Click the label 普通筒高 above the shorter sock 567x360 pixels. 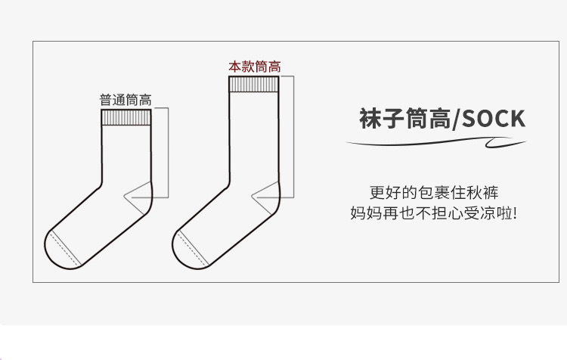(x=125, y=99)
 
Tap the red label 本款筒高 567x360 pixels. (x=254, y=67)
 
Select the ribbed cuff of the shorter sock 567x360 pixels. (x=126, y=117)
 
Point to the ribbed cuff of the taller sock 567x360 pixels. (x=254, y=84)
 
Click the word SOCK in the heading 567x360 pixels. (x=492, y=119)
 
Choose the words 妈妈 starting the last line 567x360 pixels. (x=367, y=213)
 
